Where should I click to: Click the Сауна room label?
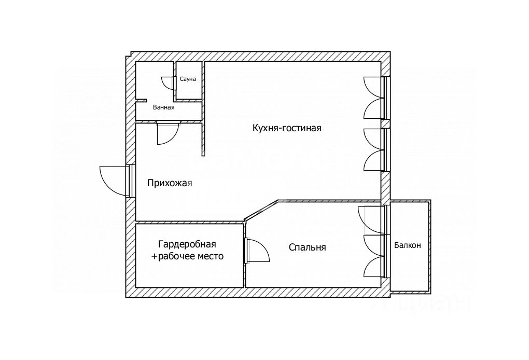point(188,79)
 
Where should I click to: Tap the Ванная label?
point(163,107)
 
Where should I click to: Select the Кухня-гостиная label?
point(287,128)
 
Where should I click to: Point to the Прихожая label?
point(170,183)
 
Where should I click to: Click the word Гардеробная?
point(187,244)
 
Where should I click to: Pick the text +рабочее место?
point(187,256)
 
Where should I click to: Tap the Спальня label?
point(308,247)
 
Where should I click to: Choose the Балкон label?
point(408,245)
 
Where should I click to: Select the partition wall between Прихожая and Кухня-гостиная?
point(203,140)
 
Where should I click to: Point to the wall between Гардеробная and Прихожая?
point(189,222)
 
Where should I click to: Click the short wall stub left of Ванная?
point(141,100)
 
